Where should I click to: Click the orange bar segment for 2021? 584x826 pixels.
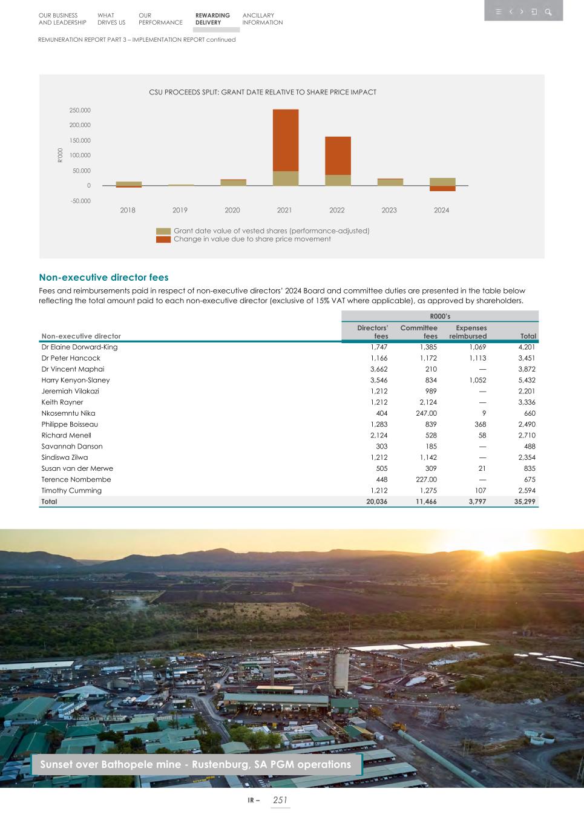point(285,140)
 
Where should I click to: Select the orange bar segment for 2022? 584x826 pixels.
point(337,156)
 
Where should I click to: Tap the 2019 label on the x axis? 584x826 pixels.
point(180,211)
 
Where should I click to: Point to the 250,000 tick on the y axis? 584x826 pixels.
point(80,111)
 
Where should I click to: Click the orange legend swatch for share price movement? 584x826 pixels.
point(163,240)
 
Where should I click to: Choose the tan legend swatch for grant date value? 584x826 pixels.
point(163,231)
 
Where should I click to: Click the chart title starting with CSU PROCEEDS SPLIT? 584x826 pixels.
point(263,93)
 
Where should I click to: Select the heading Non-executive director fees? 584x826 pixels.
point(103,278)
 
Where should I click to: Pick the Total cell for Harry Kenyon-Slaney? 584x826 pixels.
point(527,380)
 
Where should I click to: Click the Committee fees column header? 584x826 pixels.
point(419,332)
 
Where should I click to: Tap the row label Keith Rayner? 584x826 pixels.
point(62,402)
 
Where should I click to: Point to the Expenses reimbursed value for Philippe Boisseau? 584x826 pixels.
point(478,424)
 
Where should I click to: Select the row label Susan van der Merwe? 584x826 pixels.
point(77,468)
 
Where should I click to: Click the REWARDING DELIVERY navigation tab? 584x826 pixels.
point(212,19)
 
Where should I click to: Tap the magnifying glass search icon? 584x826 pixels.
point(548,11)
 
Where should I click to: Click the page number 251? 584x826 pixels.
point(280,800)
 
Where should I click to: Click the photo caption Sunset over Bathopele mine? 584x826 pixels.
point(195,764)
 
